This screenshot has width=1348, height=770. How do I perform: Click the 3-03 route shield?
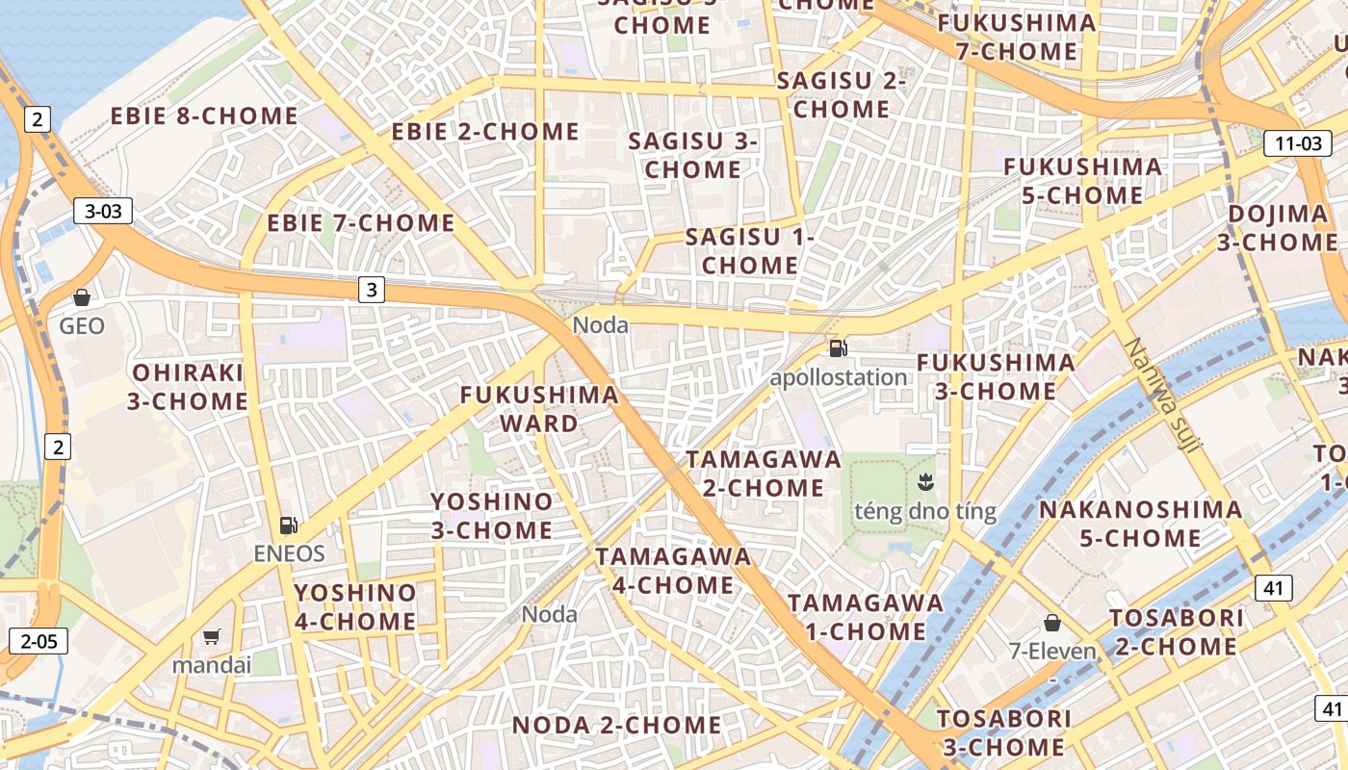pyautogui.click(x=103, y=211)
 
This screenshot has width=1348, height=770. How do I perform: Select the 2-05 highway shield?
pyautogui.click(x=39, y=641)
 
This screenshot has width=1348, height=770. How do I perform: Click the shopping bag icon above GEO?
pyautogui.click(x=82, y=297)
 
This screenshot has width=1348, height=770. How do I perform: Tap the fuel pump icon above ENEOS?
pyautogui.click(x=288, y=526)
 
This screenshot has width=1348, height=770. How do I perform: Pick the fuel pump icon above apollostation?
pyautogui.click(x=838, y=348)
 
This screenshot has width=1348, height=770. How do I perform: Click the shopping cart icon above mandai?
pyautogui.click(x=211, y=636)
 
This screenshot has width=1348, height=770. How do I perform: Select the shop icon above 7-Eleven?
pyautogui.click(x=1051, y=623)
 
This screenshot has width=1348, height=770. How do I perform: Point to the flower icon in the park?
pyautogui.click(x=925, y=480)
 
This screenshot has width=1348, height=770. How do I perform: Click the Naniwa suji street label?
pyautogui.click(x=1162, y=395)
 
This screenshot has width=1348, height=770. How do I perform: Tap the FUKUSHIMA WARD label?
pyautogui.click(x=538, y=408)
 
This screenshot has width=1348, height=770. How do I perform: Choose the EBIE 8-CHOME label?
pyautogui.click(x=204, y=116)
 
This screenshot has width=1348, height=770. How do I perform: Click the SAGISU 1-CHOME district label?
pyautogui.click(x=750, y=250)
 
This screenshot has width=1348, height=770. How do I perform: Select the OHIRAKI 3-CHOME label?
pyautogui.click(x=188, y=386)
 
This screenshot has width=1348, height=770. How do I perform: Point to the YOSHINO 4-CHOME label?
pyautogui.click(x=355, y=606)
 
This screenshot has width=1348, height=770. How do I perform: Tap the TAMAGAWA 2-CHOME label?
pyautogui.click(x=764, y=473)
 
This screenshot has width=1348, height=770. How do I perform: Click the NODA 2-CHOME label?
pyautogui.click(x=616, y=725)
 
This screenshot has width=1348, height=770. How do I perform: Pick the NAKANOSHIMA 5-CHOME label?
pyautogui.click(x=1140, y=523)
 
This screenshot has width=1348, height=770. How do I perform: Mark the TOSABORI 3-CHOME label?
pyautogui.click(x=1004, y=731)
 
